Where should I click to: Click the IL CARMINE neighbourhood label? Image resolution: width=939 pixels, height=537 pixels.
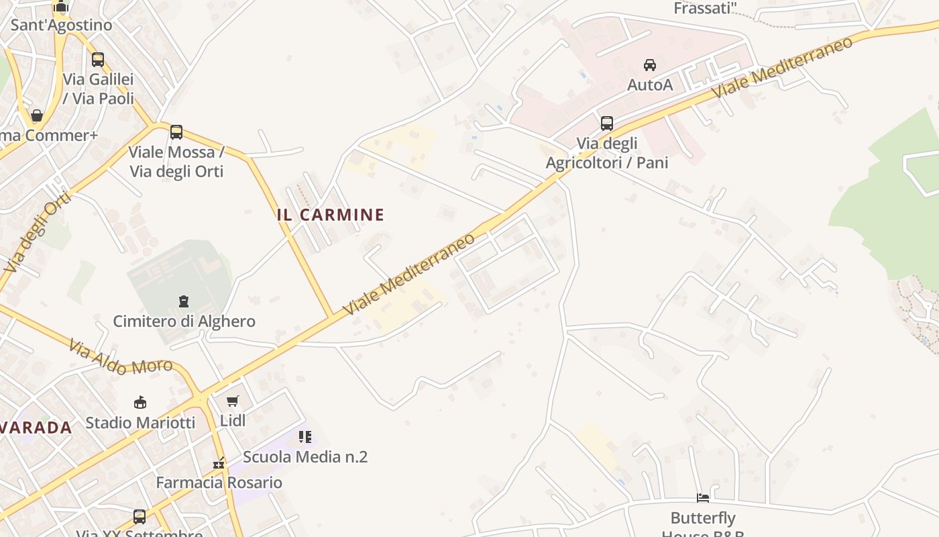[x=331, y=215]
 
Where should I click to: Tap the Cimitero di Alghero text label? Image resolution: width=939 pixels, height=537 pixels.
[x=184, y=321]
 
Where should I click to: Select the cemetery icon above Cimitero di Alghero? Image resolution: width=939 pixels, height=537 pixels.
[x=184, y=301]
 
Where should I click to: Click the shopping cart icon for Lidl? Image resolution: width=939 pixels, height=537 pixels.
[x=233, y=401]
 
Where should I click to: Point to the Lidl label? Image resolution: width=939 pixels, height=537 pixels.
[x=233, y=421]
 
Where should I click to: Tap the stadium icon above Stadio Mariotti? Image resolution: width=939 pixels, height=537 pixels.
[x=140, y=402]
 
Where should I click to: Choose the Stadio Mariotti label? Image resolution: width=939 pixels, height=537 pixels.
[x=140, y=423]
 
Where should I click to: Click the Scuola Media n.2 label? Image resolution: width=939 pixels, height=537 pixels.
[x=305, y=457]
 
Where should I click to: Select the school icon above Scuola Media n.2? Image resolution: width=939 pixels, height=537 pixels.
[x=305, y=437]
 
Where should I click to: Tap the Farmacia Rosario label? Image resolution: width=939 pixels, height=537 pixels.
[x=219, y=483]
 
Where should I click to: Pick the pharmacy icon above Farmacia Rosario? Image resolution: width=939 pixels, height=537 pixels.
[x=219, y=463]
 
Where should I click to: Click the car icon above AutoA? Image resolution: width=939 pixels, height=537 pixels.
[x=649, y=65]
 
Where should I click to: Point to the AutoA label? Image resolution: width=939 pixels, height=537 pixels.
[x=649, y=85]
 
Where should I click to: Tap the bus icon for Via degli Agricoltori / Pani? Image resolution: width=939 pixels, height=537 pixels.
[x=607, y=124]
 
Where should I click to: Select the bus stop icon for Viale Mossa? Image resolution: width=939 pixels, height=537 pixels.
[x=176, y=132]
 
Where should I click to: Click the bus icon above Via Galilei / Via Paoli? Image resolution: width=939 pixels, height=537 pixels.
[x=98, y=60]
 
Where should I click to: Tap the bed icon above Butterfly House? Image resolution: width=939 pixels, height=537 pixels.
[x=703, y=498]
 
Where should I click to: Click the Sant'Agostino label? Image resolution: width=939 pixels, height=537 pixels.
[x=62, y=26]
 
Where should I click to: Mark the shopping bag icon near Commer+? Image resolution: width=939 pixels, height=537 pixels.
[x=37, y=115]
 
